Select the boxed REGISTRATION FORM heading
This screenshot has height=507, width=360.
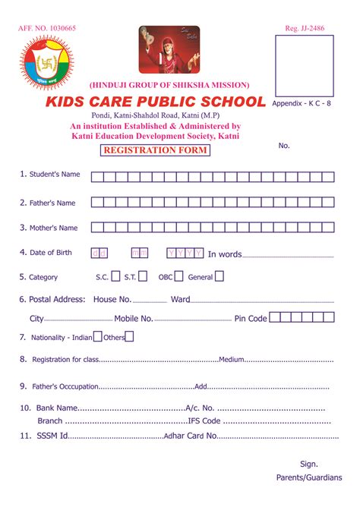[155, 150]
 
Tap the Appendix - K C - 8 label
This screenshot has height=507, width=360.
[301, 102]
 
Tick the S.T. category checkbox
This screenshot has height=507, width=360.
[145, 277]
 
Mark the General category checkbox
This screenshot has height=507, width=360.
[219, 277]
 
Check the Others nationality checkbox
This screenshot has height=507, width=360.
[130, 337]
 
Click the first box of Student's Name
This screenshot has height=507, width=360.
[96, 177]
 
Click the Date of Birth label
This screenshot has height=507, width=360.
[50, 253]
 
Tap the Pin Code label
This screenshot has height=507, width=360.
[251, 319]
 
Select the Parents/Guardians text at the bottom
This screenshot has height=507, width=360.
[308, 479]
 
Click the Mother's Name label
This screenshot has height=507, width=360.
[53, 228]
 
